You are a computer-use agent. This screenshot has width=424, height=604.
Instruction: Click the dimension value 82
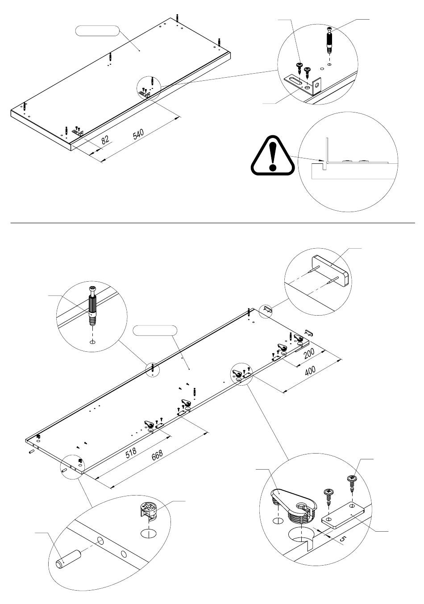pos(105,140)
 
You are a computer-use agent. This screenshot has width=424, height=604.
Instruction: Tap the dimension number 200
pos(309,354)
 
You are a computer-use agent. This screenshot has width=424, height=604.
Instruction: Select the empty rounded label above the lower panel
pos(155,331)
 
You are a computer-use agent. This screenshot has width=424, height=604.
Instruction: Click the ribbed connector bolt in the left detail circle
pos(92,308)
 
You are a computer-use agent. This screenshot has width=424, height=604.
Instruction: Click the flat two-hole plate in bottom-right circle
pos(344,515)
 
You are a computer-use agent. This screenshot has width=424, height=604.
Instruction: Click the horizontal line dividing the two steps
pos(212,222)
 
